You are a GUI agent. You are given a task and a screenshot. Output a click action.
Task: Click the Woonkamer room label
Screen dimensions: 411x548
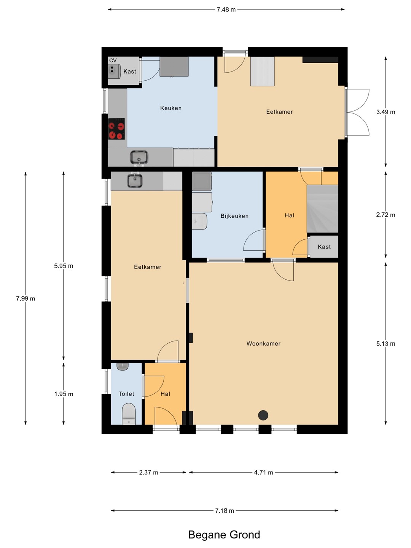263,344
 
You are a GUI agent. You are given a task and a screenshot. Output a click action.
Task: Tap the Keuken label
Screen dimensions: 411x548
171,108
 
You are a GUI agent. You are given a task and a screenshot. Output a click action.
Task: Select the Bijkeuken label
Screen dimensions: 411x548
234,216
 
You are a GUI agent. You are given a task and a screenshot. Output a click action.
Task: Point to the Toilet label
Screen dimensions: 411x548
126,394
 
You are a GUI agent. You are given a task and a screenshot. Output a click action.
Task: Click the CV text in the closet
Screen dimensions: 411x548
113,61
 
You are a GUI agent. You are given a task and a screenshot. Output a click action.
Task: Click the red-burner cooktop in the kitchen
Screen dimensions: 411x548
116,129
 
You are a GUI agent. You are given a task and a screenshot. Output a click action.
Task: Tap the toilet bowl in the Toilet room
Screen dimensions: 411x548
129,414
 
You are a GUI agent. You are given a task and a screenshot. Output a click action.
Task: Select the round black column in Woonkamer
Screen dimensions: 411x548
263,415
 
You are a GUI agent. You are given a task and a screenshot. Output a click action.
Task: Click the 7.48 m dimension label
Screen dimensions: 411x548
226,10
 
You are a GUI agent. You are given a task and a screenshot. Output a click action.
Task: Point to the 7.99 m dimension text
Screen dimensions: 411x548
25,298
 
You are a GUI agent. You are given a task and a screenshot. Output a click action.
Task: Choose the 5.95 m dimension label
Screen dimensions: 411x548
64,266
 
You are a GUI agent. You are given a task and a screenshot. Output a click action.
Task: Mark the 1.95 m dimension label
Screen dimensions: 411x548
64,394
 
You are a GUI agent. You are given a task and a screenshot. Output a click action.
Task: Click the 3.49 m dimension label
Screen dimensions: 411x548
386,112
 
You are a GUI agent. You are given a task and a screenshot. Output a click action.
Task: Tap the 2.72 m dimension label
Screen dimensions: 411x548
386,215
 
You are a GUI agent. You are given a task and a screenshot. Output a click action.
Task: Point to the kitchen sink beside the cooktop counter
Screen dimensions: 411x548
139,158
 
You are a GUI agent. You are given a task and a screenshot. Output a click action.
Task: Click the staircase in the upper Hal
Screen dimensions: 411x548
322,209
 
